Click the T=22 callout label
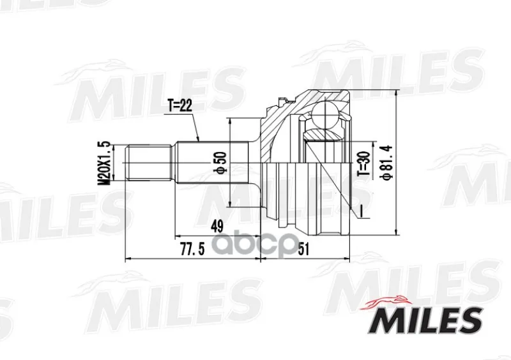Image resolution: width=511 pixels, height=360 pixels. (x=180, y=106)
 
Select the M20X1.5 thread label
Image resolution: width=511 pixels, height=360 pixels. (x=105, y=163)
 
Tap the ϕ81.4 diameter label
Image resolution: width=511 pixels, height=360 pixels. (x=387, y=162)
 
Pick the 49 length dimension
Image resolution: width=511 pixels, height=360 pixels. (x=217, y=226)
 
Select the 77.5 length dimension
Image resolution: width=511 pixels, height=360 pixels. (x=193, y=250)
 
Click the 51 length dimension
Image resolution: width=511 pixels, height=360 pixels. (x=303, y=250)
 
